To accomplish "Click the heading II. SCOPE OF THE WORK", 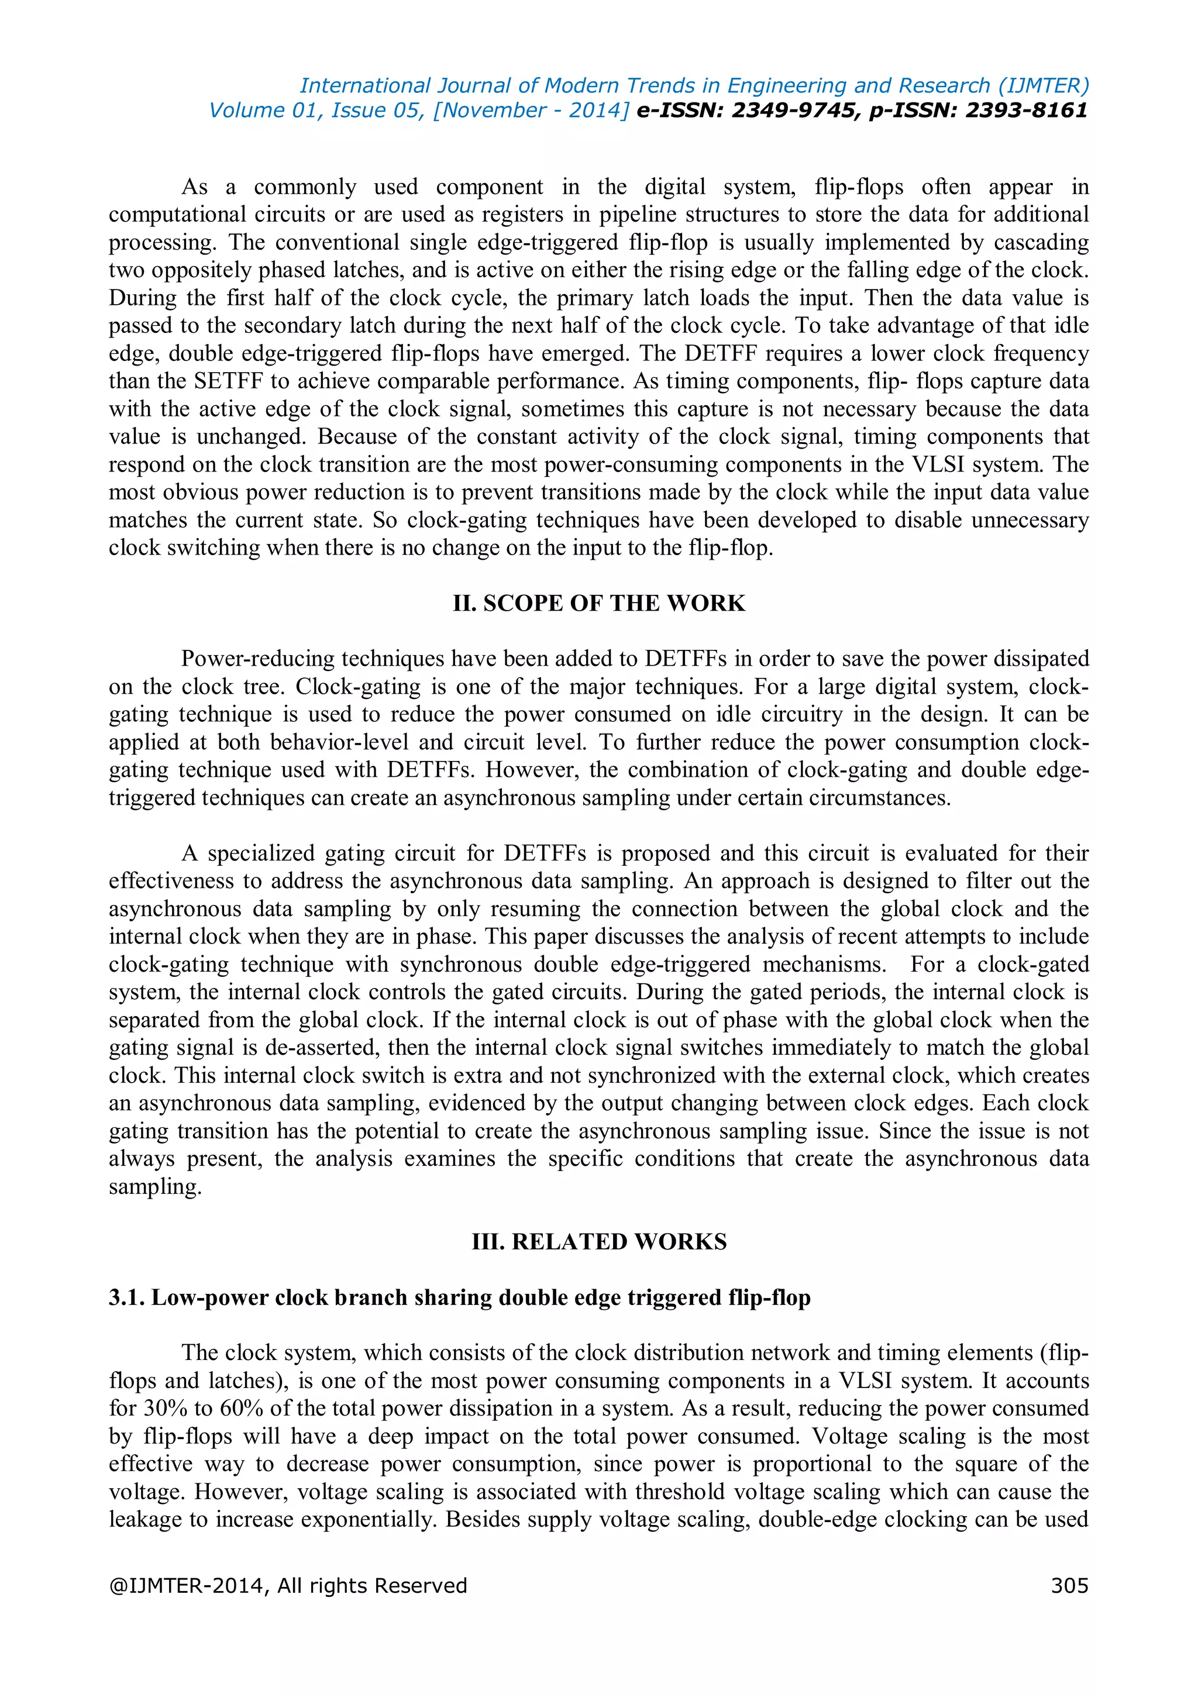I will pyautogui.click(x=598, y=603).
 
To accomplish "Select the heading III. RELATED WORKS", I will pyautogui.click(x=598, y=1241).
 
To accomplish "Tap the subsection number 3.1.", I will pyautogui.click(x=126, y=1297).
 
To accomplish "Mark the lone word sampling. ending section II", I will pyautogui.click(x=155, y=1186).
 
